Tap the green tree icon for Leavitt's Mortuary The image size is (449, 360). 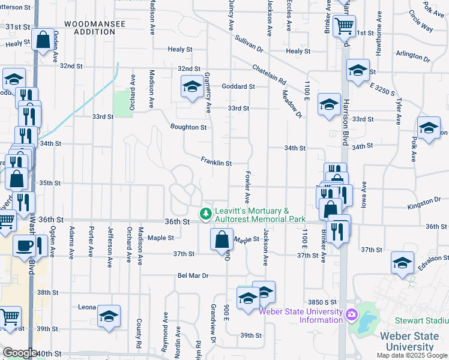point(206,213)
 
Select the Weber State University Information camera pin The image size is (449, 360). point(351,313)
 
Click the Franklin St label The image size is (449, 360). point(216,163)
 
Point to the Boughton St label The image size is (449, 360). point(188,127)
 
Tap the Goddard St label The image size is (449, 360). point(238,86)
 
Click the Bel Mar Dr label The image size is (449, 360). point(192,276)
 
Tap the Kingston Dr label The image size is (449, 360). point(424,204)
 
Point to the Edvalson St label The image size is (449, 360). point(434,262)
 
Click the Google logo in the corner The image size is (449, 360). point(20,353)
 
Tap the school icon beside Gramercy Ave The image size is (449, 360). point(192,88)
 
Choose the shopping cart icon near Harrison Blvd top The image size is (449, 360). point(344,26)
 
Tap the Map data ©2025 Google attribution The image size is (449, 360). point(412,355)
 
